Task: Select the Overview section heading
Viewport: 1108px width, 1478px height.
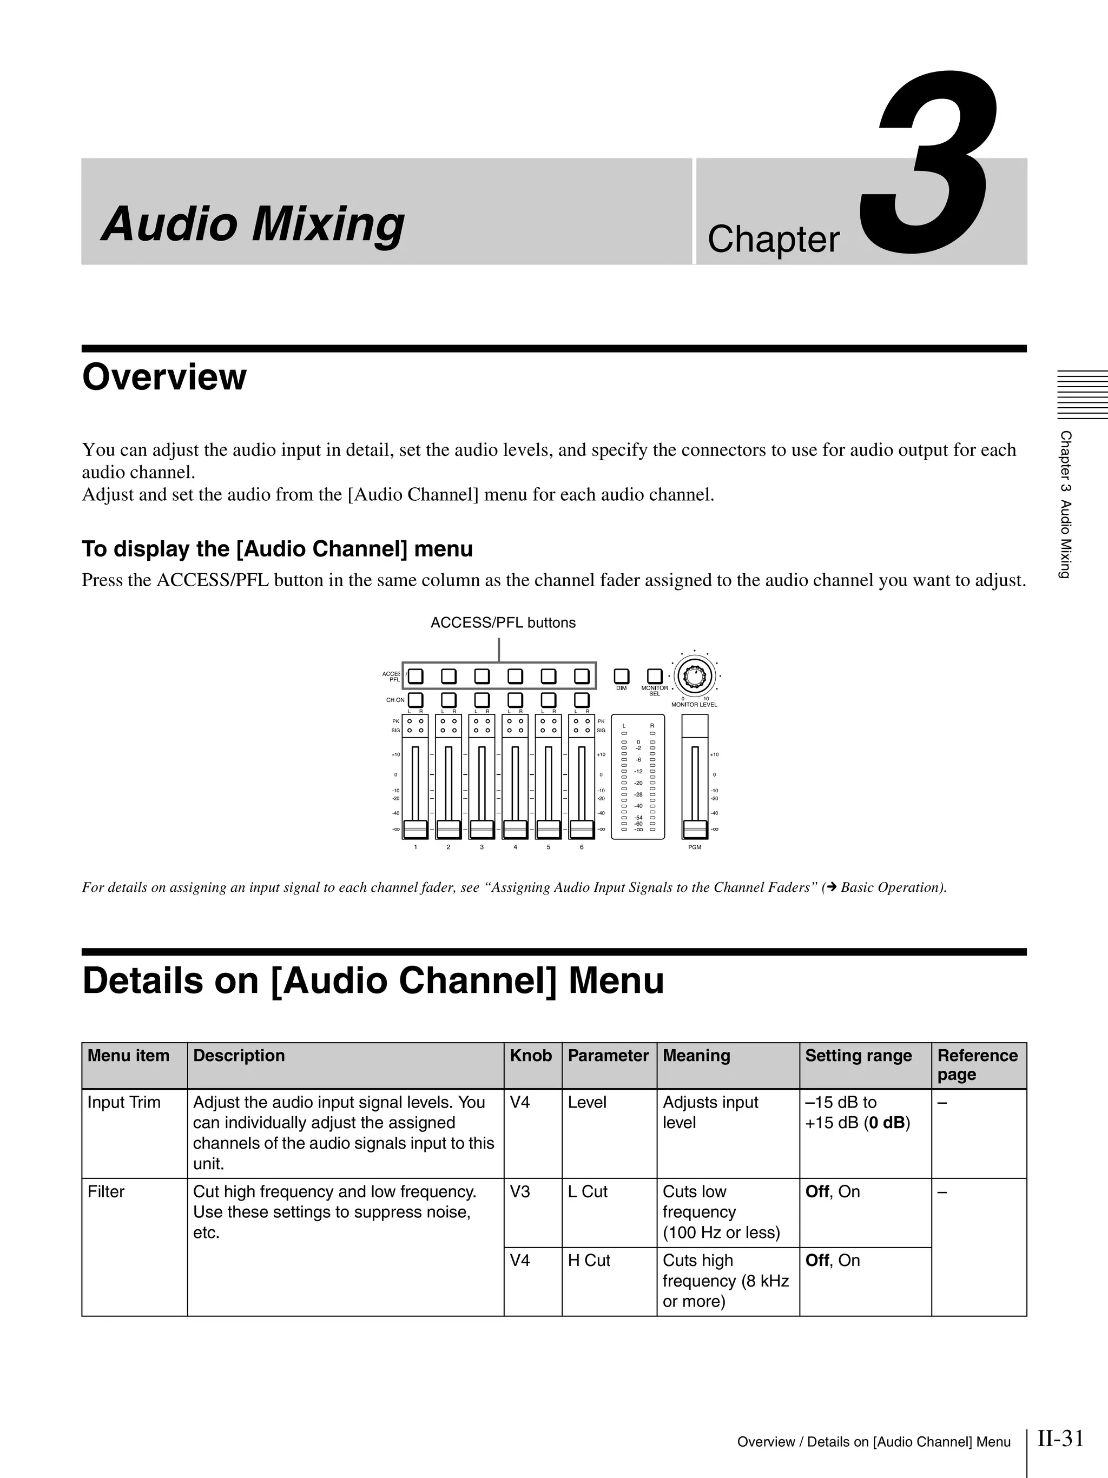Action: click(164, 377)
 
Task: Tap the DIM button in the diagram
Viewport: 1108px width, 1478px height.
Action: click(621, 676)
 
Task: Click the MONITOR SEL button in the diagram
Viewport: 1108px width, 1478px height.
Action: click(654, 676)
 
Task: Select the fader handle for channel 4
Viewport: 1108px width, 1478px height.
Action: click(515, 829)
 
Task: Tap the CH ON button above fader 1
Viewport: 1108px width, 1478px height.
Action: click(415, 700)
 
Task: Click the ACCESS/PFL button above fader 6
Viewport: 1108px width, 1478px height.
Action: click(582, 676)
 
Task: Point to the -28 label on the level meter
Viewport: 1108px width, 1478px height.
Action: click(638, 794)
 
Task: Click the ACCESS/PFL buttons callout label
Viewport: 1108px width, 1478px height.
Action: click(503, 623)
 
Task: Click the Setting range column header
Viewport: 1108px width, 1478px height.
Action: click(858, 1056)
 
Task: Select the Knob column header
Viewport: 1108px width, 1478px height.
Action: click(531, 1056)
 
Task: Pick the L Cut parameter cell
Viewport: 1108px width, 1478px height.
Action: click(588, 1192)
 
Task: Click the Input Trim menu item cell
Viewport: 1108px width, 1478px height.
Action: click(124, 1103)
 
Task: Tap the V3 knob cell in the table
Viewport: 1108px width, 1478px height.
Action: click(520, 1192)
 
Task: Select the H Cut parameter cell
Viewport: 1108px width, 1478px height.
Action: click(589, 1261)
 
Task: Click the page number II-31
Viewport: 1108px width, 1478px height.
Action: click(1060, 1438)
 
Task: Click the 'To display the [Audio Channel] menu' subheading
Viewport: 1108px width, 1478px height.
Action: click(276, 549)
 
